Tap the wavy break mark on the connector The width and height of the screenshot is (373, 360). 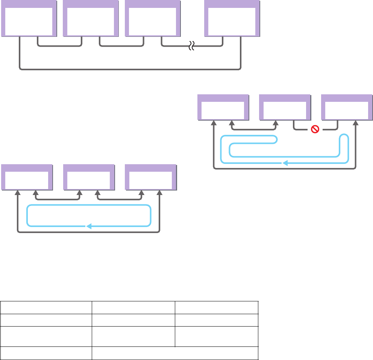191,47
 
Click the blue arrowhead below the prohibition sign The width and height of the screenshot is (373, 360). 285,163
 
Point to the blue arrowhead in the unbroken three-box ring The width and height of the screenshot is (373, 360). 89,226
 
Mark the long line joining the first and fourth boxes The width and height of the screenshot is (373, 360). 130,70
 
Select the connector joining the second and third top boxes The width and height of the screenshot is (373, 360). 121,47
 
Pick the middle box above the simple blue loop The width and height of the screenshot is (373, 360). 88,177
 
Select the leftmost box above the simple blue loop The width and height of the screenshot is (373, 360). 27,177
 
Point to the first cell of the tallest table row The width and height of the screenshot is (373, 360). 46,336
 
